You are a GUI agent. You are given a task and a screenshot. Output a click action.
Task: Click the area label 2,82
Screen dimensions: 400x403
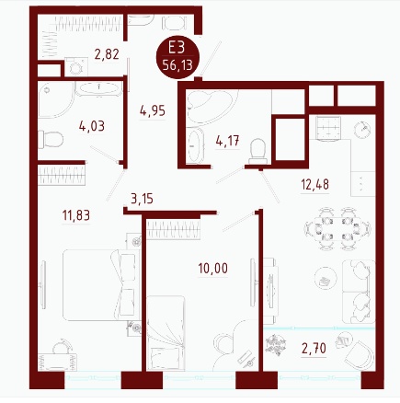click(x=107, y=54)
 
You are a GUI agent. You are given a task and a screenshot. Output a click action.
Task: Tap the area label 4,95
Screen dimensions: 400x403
click(x=153, y=110)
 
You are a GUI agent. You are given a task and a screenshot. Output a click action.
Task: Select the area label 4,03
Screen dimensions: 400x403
click(x=92, y=126)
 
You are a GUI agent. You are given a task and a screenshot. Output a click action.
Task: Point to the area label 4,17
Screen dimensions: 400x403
click(x=227, y=141)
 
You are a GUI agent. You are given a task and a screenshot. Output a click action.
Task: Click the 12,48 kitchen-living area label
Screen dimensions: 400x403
click(x=314, y=184)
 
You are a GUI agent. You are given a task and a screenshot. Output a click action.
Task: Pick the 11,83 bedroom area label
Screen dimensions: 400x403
click(x=76, y=215)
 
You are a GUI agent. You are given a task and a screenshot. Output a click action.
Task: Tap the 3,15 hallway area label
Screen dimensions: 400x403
click(x=142, y=199)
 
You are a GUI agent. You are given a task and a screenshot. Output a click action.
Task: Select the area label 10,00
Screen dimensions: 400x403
click(x=213, y=269)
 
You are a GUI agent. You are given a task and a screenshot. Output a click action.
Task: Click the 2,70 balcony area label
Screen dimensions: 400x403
click(x=314, y=349)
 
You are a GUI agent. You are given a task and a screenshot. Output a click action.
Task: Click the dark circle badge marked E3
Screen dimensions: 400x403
click(x=177, y=57)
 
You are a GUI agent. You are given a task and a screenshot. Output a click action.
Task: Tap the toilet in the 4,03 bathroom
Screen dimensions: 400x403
click(x=51, y=139)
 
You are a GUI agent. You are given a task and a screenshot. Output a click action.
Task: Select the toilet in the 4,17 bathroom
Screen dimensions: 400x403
click(x=257, y=151)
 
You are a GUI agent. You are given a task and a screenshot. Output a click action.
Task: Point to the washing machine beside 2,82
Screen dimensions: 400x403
click(x=76, y=67)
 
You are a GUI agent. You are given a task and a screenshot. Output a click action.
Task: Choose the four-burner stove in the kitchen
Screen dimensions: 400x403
click(x=328, y=129)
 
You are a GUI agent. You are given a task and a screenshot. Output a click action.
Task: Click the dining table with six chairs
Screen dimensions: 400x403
click(x=337, y=229)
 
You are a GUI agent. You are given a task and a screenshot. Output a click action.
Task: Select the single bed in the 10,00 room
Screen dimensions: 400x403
click(x=166, y=333)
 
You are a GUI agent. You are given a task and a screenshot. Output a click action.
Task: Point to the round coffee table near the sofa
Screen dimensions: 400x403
click(x=325, y=280)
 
